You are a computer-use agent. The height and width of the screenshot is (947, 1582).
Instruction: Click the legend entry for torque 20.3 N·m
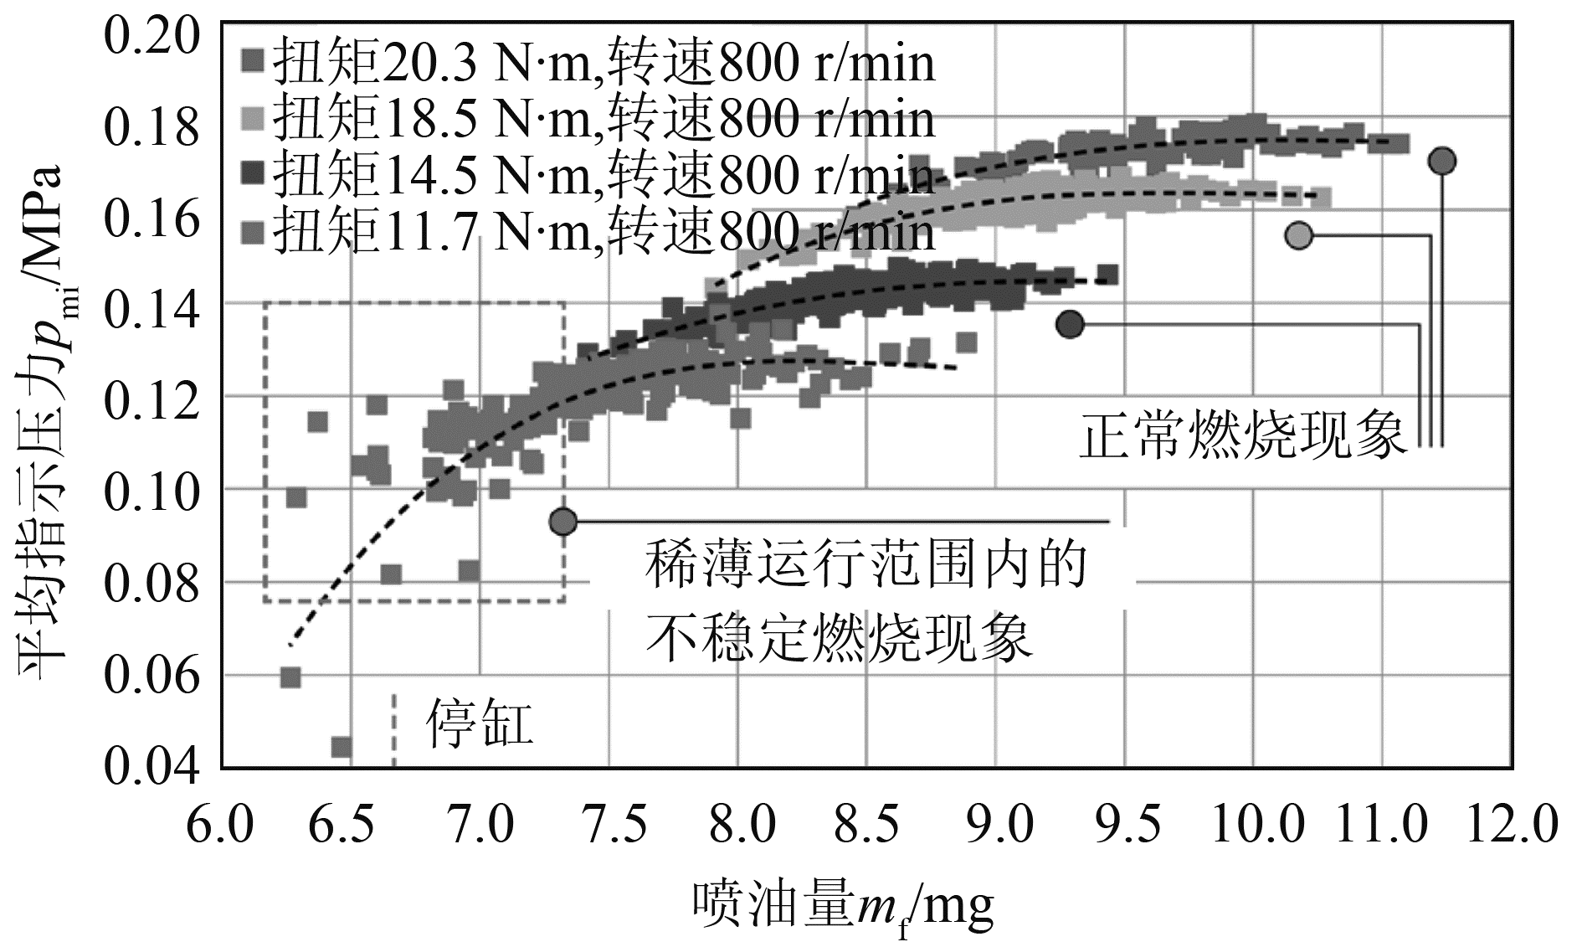[x=586, y=63]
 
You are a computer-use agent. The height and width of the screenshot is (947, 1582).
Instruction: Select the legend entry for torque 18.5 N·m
[x=586, y=119]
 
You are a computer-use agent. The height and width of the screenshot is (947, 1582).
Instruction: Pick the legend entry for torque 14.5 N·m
[x=586, y=175]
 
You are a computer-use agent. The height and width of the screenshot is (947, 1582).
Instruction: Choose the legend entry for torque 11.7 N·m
[x=586, y=231]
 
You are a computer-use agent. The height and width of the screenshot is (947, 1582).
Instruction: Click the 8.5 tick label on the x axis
[x=866, y=825]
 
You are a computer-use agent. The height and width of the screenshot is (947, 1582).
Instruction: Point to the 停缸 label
[x=480, y=723]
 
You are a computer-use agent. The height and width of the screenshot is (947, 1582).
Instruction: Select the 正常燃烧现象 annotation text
[x=1243, y=435]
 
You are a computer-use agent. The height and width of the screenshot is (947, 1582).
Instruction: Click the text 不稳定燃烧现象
[x=839, y=639]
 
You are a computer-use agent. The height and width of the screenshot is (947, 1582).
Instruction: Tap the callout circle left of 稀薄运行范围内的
[x=563, y=521]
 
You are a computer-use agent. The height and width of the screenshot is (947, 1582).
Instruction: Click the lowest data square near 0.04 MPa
[x=342, y=746]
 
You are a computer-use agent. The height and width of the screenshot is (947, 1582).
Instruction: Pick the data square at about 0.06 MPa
[x=290, y=677]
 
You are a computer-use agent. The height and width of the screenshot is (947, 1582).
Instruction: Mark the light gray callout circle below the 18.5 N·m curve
[x=1298, y=235]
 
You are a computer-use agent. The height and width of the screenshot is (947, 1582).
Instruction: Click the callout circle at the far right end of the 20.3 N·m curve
[x=1441, y=161]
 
